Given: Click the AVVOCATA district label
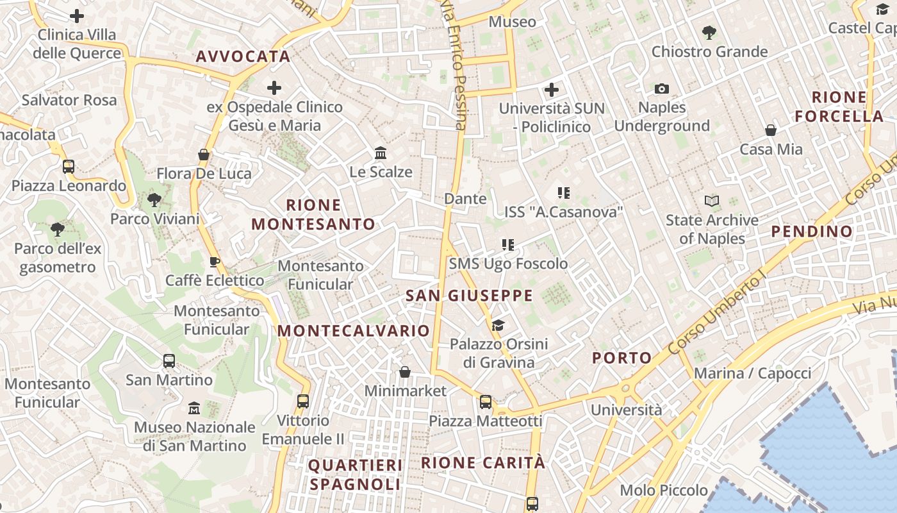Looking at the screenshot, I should click(243, 56).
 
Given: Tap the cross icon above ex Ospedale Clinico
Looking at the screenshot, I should click(274, 87).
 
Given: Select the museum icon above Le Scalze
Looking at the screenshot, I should click(381, 153).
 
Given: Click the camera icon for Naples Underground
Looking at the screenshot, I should click(662, 88).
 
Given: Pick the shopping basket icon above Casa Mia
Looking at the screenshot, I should click(771, 130).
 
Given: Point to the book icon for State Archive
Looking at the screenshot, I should click(712, 201).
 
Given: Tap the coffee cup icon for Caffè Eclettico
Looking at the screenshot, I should click(215, 262).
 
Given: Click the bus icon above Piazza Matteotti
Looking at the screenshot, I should click(486, 402).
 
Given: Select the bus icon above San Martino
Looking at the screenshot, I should click(169, 360).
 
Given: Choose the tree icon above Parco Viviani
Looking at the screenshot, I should click(154, 199).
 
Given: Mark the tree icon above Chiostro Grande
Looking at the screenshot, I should click(709, 32).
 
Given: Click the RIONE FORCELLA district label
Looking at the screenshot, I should click(839, 107).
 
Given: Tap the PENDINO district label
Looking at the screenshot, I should click(812, 231).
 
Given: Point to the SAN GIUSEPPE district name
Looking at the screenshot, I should click(470, 296).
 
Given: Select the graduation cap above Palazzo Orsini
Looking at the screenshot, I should click(498, 325).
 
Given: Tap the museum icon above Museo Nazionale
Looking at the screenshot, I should click(194, 408).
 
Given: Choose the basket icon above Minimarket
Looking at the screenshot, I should click(405, 372).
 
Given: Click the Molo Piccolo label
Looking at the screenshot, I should click(664, 491).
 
